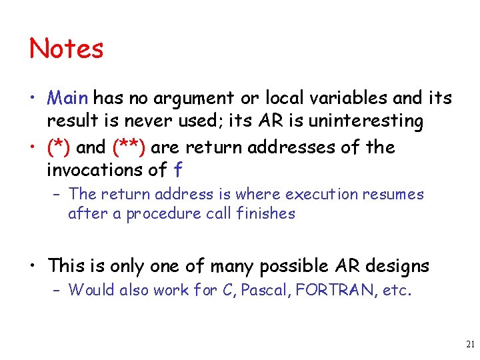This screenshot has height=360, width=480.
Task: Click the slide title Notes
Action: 67,49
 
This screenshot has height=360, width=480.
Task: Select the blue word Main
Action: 68,98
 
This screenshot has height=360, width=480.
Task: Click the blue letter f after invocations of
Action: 177,170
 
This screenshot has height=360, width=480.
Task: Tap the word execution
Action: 323,194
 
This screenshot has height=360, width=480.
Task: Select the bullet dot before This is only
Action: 33,266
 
